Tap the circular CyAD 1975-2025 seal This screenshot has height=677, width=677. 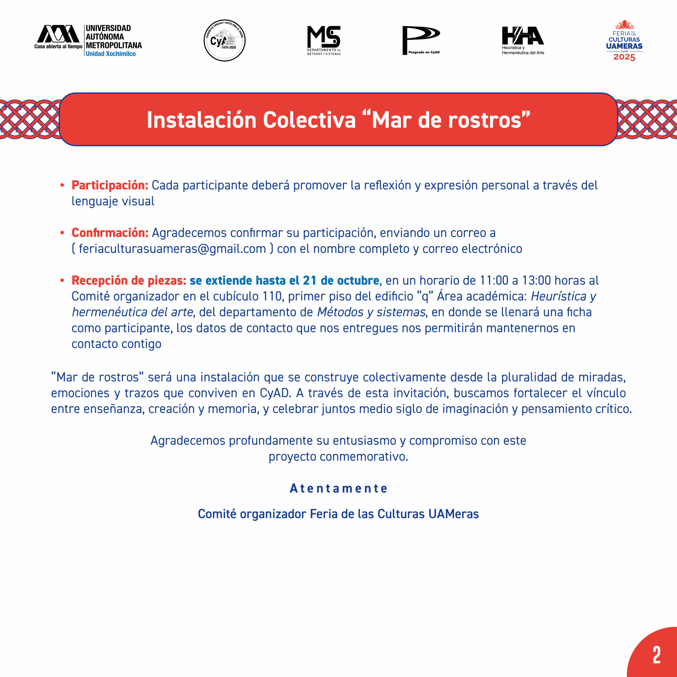225,40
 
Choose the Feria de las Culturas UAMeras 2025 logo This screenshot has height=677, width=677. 624,40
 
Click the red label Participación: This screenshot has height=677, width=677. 110,185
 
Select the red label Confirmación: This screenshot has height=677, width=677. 110,233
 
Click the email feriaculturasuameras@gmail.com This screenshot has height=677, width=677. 172,248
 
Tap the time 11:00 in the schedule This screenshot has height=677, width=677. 494,280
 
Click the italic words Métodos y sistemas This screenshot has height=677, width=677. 371,312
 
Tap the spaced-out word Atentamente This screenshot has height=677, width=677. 338,488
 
